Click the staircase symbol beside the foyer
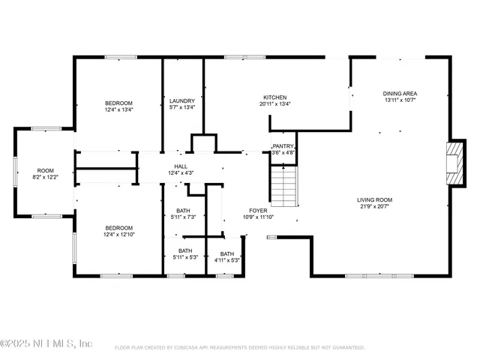click(x=284, y=187)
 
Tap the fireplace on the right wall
click(x=454, y=158)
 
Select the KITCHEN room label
click(x=274, y=97)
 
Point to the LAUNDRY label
click(x=182, y=100)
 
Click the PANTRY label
click(x=283, y=146)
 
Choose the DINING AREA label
click(x=400, y=93)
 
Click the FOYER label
click(x=259, y=211)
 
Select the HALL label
click(x=181, y=166)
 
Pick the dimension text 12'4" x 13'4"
click(x=118, y=109)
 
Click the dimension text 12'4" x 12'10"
click(x=118, y=235)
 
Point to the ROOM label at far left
click(x=46, y=170)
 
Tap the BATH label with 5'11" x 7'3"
click(x=183, y=211)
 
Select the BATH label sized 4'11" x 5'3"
click(x=226, y=253)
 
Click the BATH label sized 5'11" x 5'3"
click(x=185, y=251)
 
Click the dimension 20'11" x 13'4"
click(x=274, y=103)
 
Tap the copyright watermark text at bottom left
click(x=46, y=343)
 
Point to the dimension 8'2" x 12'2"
click(x=46, y=177)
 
